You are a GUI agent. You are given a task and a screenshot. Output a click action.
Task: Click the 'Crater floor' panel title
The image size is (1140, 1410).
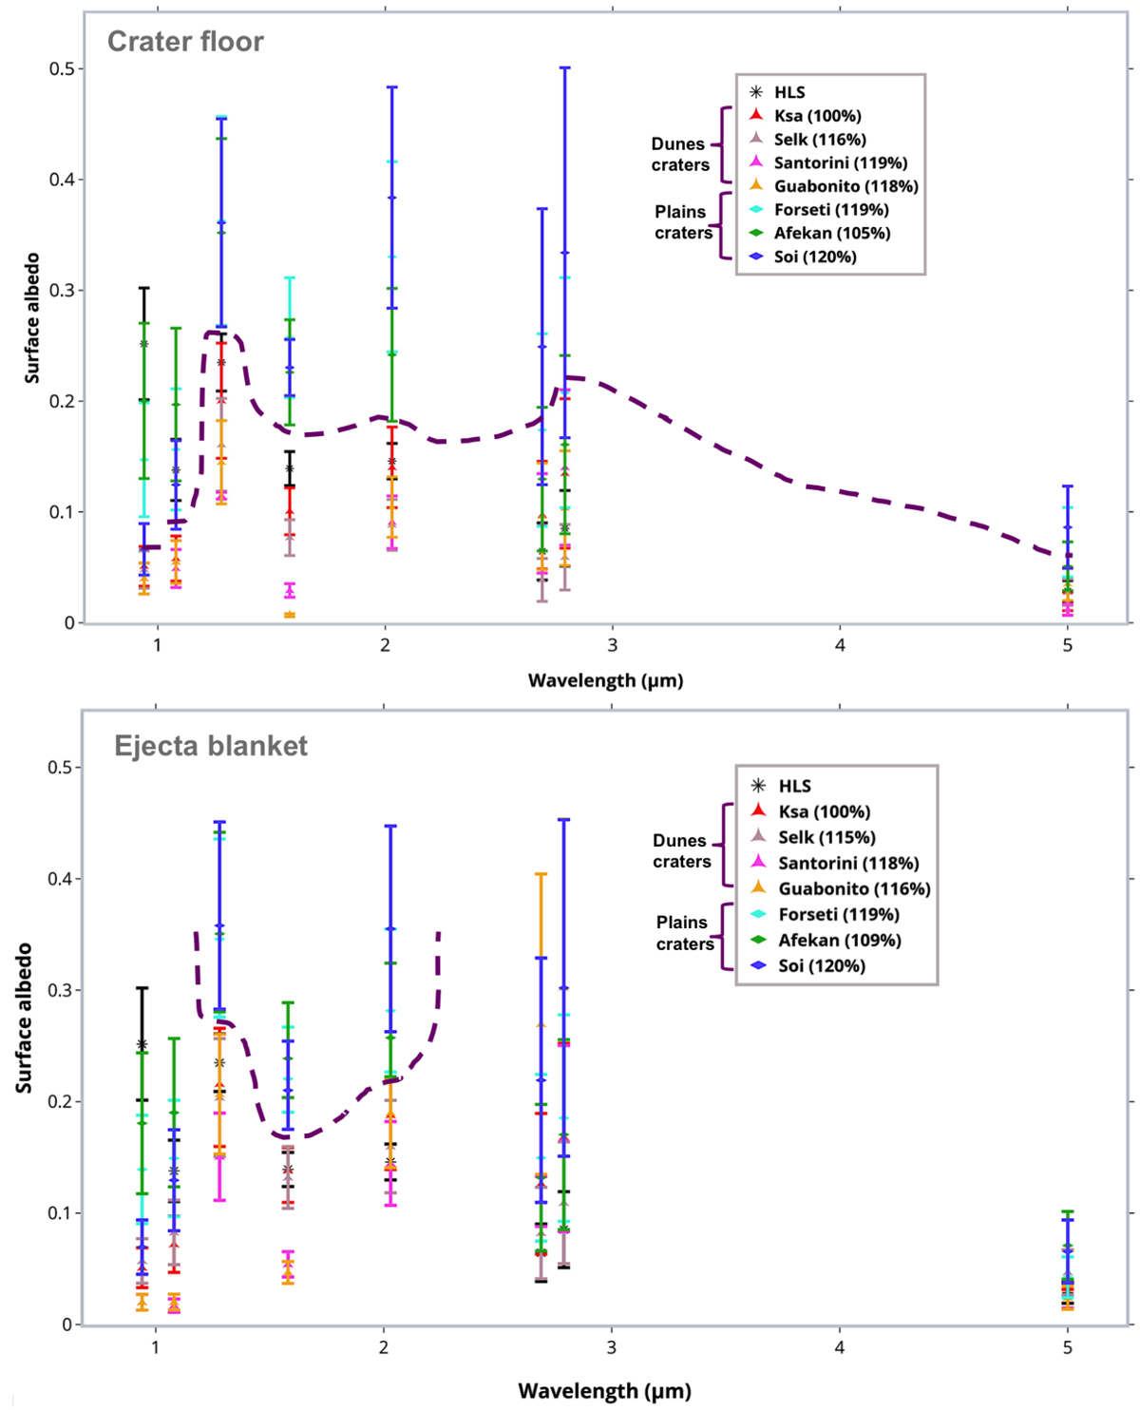tap(185, 42)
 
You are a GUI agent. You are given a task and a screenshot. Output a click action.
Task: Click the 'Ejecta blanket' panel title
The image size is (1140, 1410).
tap(211, 746)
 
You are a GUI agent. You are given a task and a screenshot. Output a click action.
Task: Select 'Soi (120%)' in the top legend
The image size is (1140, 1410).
tap(814, 257)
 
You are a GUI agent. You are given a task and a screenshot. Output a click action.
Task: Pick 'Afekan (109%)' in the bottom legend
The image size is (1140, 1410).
tap(839, 941)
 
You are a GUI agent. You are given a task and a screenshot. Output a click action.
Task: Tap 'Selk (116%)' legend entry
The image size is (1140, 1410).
tap(819, 140)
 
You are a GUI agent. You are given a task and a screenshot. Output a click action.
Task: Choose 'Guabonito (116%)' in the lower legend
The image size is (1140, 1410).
tap(853, 889)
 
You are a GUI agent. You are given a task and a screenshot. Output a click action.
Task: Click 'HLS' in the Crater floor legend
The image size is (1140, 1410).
tap(788, 92)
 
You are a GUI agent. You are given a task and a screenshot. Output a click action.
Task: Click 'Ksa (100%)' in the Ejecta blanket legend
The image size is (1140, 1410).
tap(824, 812)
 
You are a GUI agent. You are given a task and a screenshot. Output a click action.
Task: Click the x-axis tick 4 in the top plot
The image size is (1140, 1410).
tap(840, 646)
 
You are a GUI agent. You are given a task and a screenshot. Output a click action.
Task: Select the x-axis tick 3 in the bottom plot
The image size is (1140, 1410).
tap(611, 1347)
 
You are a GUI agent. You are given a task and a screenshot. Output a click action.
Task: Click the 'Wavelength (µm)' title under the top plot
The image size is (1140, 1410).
tap(605, 680)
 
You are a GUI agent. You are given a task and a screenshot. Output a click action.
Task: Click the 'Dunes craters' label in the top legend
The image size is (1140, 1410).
tap(679, 155)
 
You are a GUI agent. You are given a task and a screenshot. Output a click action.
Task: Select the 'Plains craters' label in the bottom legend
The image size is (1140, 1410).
tap(684, 933)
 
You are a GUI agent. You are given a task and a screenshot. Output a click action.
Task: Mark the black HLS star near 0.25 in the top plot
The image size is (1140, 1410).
tap(144, 344)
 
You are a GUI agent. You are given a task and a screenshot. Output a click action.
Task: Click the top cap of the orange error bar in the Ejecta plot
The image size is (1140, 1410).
tap(541, 874)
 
